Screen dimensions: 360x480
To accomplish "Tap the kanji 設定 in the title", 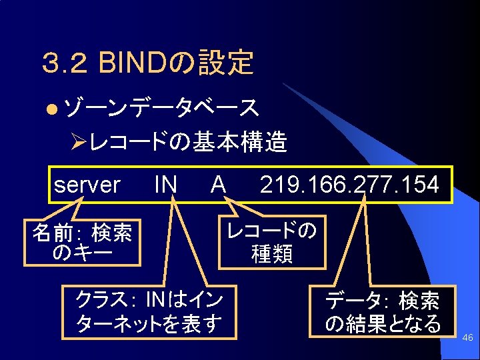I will (233, 63).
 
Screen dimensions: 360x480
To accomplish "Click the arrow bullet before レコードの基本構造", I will (79, 142).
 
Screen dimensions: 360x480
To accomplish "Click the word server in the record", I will (87, 185).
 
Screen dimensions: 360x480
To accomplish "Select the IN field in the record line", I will (165, 185).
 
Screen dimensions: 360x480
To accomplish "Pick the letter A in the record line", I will (218, 185).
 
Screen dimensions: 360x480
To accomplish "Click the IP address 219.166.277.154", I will (349, 185).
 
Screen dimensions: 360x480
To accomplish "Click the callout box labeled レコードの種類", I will (271, 242).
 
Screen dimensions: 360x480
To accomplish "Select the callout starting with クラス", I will (150, 311).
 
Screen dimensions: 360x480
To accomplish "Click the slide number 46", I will (467, 339).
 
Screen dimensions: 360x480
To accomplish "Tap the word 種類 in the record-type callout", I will (271, 253).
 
